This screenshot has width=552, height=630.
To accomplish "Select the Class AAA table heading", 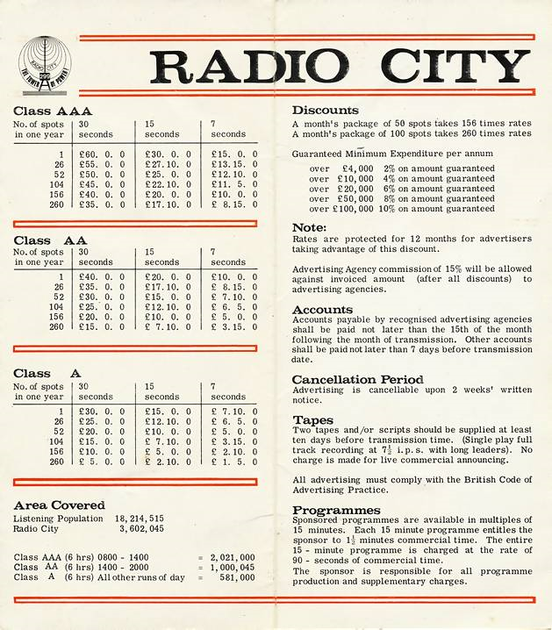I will point(54,112).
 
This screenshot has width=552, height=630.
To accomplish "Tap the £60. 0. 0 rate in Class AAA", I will point(102,154).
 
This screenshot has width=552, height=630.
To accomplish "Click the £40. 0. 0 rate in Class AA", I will point(102,276).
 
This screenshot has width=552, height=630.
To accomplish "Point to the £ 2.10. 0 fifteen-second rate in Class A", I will point(168,462).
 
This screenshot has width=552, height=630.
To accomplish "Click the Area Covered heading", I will point(59,505).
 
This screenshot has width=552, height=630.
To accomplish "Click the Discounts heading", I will point(325,111).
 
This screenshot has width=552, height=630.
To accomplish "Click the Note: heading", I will point(309,228).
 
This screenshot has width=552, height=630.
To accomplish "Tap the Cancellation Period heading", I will point(357,379).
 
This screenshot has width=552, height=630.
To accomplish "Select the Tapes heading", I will point(312,420).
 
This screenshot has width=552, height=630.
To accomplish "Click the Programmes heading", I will point(336,510).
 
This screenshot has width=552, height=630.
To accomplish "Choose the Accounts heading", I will point(322,310).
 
